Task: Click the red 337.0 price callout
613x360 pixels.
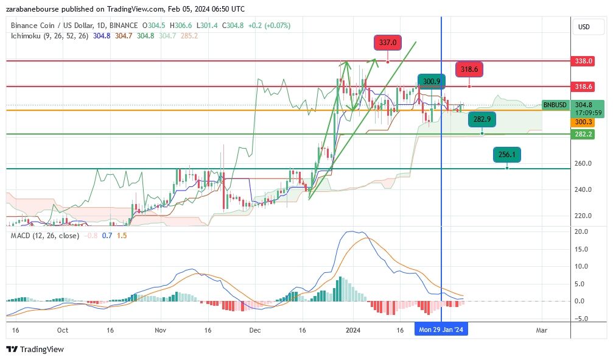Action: click(387, 43)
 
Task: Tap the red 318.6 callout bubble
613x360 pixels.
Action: click(469, 69)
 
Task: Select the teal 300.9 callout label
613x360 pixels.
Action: click(432, 81)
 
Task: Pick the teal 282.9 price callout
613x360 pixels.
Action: click(482, 119)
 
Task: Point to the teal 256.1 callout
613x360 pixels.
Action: click(506, 155)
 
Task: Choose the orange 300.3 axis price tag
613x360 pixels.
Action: click(583, 122)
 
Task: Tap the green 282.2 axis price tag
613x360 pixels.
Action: click(583, 134)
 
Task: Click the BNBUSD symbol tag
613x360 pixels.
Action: click(555, 105)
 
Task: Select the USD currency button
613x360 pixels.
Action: click(583, 27)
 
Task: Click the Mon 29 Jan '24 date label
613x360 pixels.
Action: click(441, 330)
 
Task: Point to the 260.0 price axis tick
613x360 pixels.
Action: click(583, 163)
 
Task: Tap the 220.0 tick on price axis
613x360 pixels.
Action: click(583, 216)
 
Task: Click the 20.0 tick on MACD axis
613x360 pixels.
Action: click(581, 231)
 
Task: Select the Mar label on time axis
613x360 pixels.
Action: click(541, 330)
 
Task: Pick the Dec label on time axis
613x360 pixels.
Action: click(255, 330)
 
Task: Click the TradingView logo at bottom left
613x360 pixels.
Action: click(35, 349)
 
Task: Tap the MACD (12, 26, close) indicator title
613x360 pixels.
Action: click(45, 235)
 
